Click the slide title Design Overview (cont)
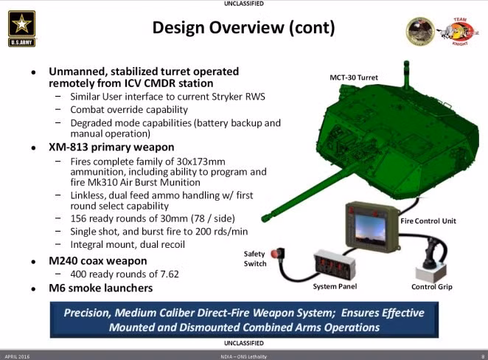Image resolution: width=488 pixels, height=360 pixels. [x=243, y=28]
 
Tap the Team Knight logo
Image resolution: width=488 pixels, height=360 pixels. [x=455, y=31]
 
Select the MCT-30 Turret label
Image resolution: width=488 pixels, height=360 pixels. [x=354, y=77]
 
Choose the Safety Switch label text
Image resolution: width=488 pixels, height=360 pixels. [x=254, y=259]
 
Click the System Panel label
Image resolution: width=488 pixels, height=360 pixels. [x=335, y=286]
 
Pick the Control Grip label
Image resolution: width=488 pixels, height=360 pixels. [x=431, y=286]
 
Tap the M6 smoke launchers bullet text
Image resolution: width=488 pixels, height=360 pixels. [x=101, y=288]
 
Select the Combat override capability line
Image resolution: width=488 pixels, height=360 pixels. [x=129, y=110]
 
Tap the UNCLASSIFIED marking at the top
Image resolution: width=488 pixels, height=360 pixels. [x=243, y=4]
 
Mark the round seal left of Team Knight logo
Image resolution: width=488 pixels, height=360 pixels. [x=420, y=30]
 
